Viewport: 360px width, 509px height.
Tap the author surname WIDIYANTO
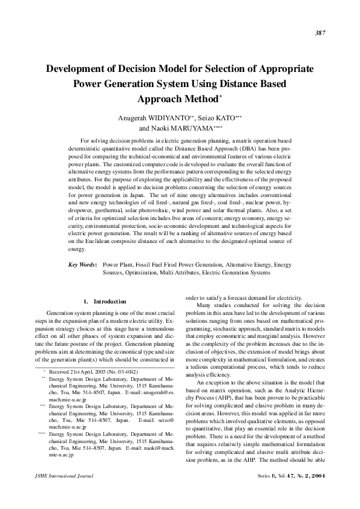[x=159, y=117]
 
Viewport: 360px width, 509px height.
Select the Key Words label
[x=83, y=265]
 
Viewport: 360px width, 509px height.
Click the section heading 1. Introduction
[x=105, y=301]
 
